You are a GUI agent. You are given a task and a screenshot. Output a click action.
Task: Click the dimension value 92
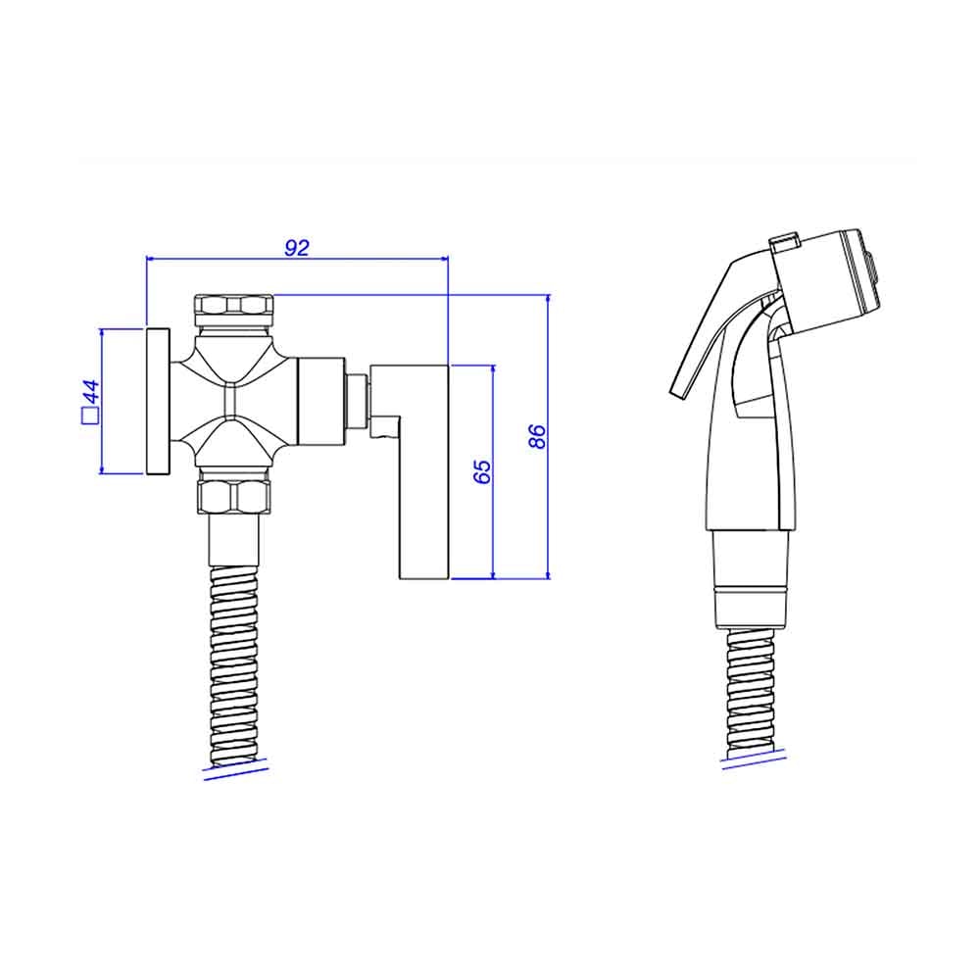[x=297, y=248]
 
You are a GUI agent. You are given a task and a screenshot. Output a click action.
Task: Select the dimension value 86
[x=537, y=436]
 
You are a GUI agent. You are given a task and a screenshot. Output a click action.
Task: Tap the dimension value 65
[x=482, y=472]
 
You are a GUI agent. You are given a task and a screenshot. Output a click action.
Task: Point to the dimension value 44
[x=91, y=392]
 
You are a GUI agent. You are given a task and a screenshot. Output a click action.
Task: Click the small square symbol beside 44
[x=90, y=416]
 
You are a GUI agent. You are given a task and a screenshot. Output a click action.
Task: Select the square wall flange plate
[x=158, y=401]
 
